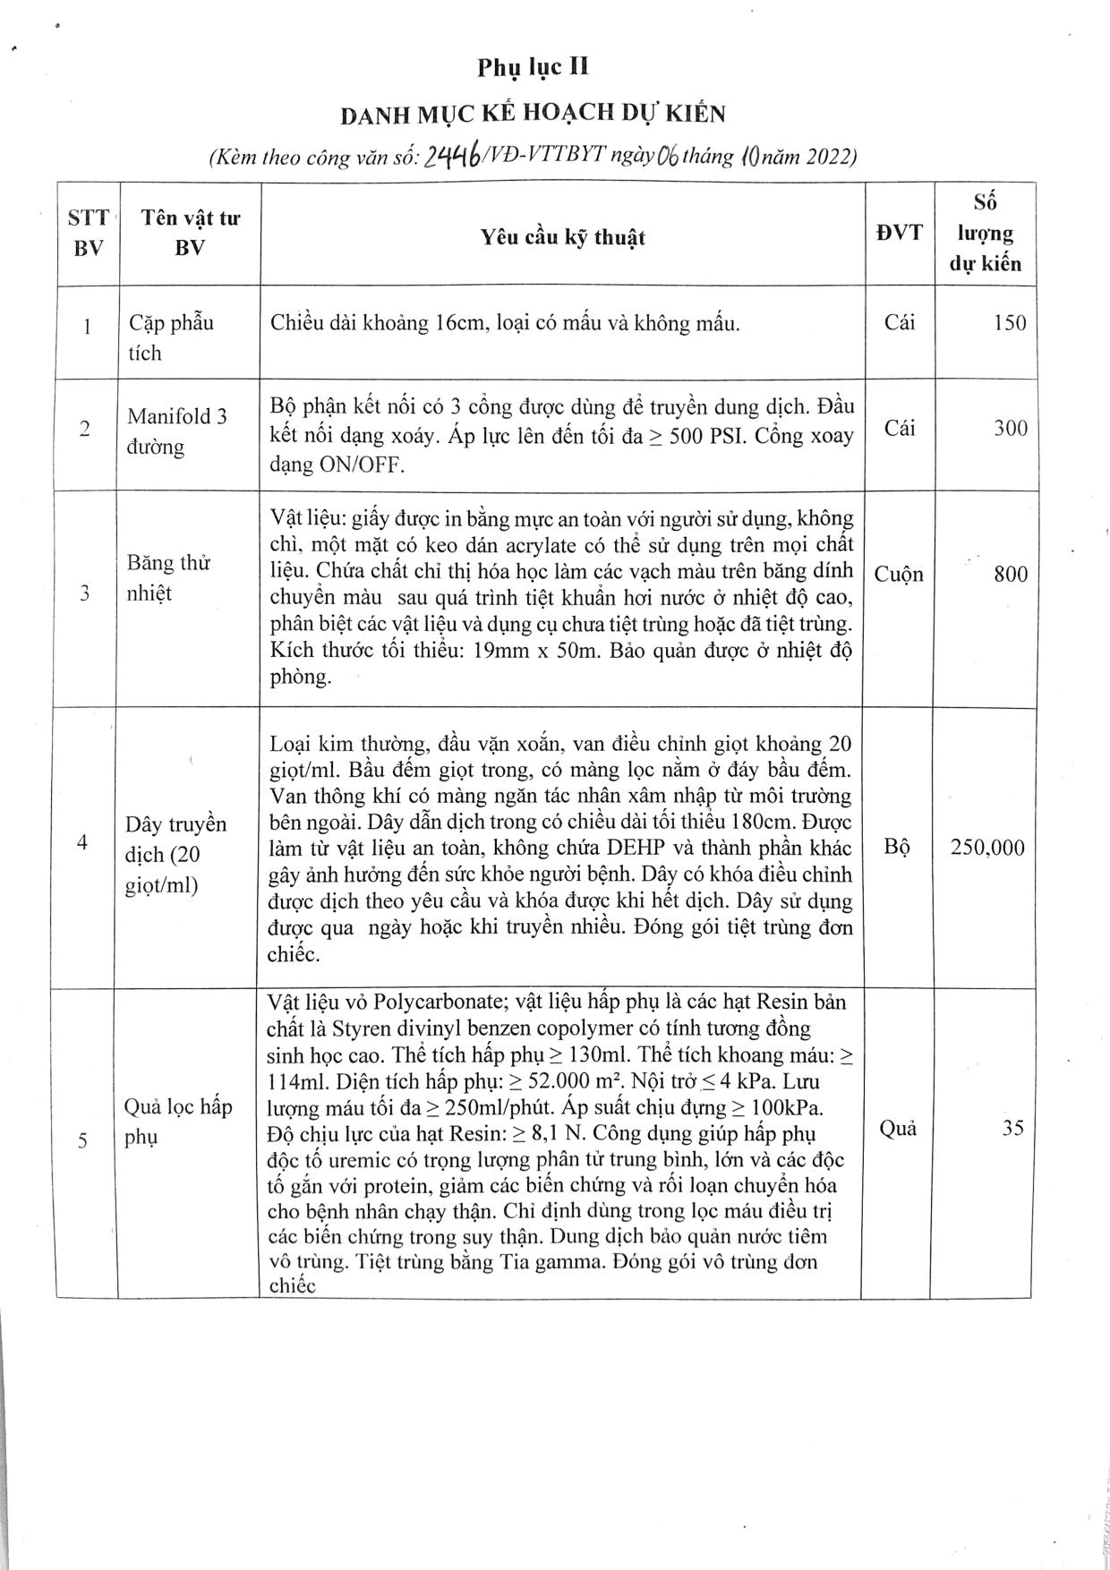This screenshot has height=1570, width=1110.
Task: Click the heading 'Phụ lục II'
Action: coord(533,68)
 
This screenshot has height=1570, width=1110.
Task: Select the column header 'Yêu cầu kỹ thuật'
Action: coord(562,237)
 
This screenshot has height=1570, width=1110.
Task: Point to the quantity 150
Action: coord(1010,323)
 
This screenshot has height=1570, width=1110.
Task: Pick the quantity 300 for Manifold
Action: coord(1010,428)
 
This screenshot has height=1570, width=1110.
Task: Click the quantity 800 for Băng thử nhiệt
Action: coord(1010,574)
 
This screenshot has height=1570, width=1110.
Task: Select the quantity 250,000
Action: coord(987,847)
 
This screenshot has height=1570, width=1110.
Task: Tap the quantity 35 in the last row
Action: coord(1012,1127)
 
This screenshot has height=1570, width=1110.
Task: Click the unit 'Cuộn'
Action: coord(899,574)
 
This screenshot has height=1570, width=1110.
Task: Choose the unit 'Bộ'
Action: coord(897,847)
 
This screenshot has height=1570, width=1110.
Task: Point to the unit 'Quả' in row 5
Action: coord(898,1128)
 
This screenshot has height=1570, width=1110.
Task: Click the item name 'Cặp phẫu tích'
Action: coord(170,337)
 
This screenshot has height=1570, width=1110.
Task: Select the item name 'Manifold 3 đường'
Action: coord(176,431)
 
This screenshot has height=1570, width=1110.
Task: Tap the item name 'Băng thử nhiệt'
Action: coord(168,577)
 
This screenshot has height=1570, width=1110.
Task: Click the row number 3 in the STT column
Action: coord(85,593)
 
